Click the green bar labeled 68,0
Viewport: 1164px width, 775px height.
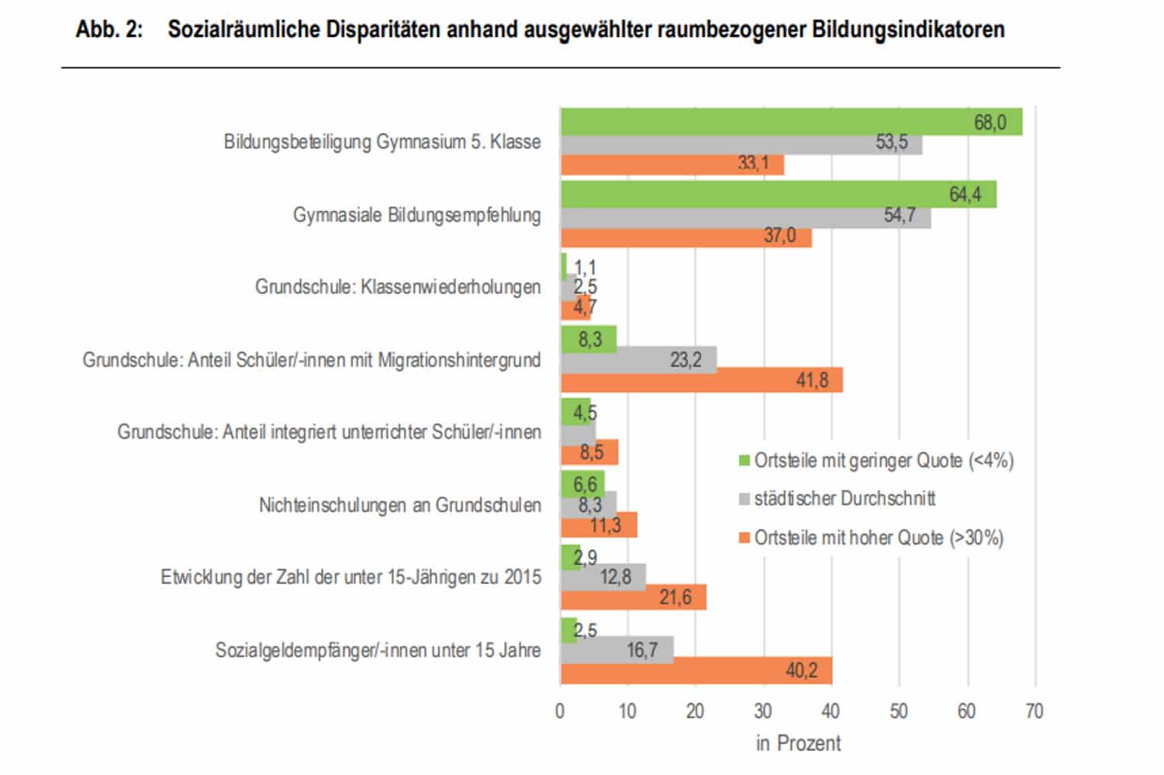click(791, 122)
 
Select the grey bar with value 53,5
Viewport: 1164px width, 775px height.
click(741, 144)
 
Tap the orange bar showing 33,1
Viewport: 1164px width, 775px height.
click(672, 164)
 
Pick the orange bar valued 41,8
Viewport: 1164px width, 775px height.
click(701, 380)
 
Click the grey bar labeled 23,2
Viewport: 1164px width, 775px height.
click(638, 360)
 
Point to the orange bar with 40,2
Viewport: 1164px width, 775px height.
click(696, 670)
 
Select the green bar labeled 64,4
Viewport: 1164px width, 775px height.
click(778, 194)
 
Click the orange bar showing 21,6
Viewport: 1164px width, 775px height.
click(633, 597)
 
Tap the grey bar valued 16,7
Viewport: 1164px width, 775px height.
click(617, 649)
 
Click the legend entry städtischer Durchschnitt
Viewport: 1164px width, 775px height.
click(844, 499)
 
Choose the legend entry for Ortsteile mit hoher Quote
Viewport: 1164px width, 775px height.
click(878, 538)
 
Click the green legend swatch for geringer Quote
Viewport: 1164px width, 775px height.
click(744, 461)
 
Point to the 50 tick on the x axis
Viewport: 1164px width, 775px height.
click(899, 711)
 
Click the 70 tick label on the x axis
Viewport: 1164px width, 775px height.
click(1034, 711)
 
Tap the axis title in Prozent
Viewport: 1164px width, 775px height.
click(798, 743)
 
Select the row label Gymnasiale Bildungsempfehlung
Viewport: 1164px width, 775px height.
click(416, 215)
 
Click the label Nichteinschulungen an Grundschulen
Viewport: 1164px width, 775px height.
click(399, 505)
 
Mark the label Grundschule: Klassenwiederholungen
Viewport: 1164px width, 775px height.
click(398, 287)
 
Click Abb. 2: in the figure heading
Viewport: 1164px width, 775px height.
click(109, 29)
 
